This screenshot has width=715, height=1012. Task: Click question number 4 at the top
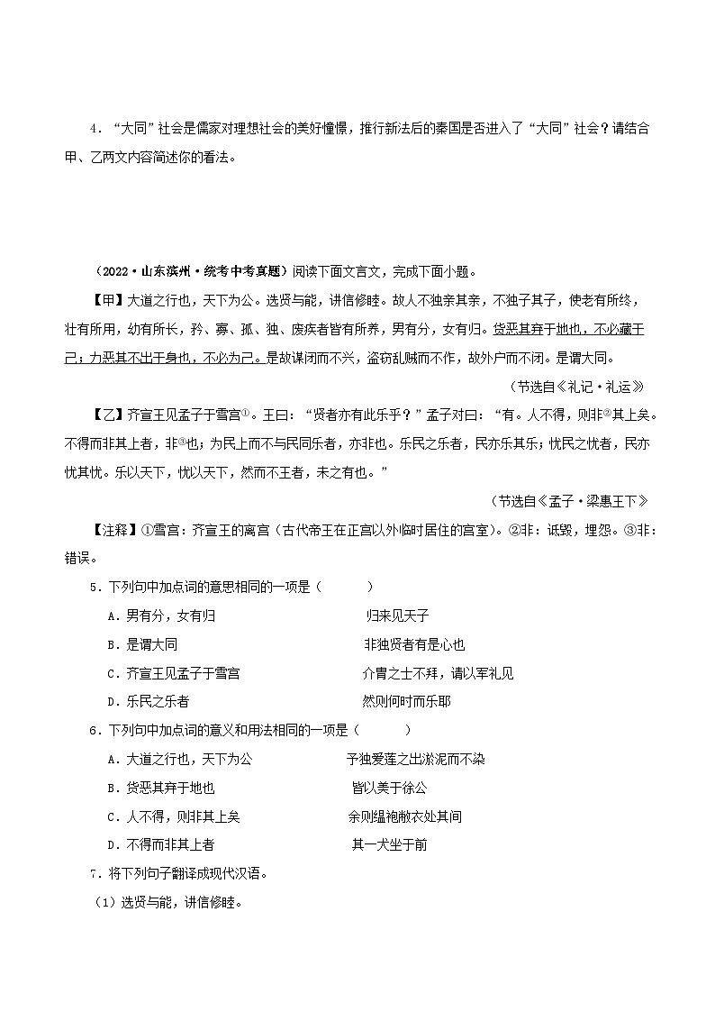95,129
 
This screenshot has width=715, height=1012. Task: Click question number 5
95,587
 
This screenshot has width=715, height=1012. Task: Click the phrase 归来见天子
397,616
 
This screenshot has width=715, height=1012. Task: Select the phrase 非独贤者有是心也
414,645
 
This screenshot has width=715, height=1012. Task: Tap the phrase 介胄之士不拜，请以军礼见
438,673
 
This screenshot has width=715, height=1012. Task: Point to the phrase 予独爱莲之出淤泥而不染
415,760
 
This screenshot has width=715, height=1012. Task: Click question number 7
95,874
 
